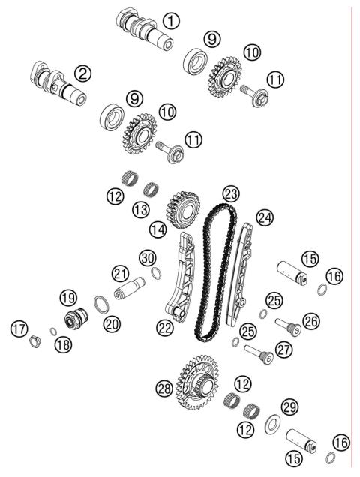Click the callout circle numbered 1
coord(172,22)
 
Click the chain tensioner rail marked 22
coord(181,285)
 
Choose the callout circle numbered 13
coord(139,210)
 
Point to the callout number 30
coord(148,258)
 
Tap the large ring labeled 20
coord(100,306)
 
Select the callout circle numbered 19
coord(69,298)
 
